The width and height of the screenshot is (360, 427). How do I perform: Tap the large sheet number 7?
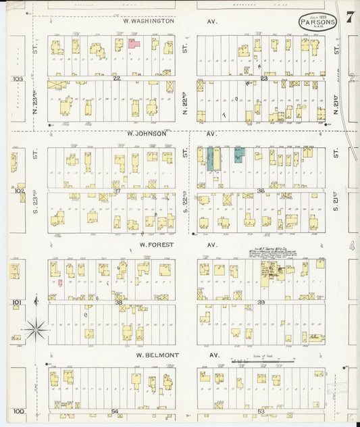click(349, 17)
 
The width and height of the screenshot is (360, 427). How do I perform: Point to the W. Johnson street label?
click(148, 133)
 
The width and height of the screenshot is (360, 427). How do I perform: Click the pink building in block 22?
click(134, 44)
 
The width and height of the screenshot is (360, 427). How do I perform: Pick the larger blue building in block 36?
click(213, 159)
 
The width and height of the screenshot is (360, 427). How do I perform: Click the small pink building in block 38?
click(60, 282)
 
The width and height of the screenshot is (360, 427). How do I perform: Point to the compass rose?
click(35, 330)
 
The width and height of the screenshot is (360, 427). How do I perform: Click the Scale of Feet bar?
click(263, 363)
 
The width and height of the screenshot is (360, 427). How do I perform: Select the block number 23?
click(265, 78)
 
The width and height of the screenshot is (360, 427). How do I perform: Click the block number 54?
click(115, 411)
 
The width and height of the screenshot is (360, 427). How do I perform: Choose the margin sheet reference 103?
click(18, 79)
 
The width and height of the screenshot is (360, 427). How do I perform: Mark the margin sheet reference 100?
click(18, 411)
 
